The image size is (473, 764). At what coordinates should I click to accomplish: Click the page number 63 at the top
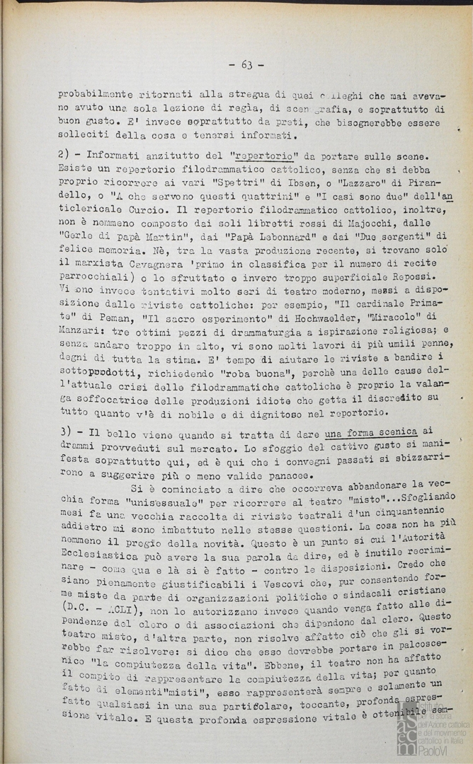pos(246,64)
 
